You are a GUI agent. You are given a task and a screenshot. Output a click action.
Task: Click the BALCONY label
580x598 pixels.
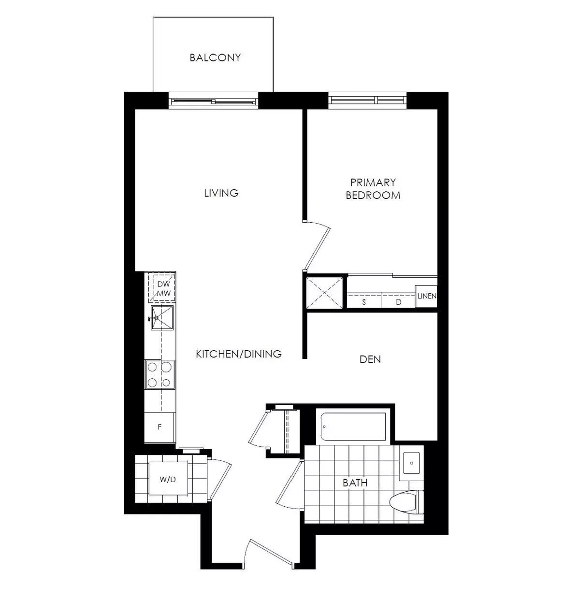[215, 58]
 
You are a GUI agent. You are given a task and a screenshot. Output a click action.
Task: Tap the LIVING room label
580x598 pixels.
[221, 193]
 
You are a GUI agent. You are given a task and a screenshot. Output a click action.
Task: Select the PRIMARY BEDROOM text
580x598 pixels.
[373, 189]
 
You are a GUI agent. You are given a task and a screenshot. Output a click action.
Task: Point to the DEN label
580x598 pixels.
[370, 359]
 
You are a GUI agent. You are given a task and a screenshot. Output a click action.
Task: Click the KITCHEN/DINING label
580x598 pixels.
[238, 354]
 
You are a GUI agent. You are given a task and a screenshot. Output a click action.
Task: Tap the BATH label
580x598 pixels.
[355, 483]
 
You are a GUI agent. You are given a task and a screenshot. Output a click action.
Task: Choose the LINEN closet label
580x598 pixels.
[427, 296]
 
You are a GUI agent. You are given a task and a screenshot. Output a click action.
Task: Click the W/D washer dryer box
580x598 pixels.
[168, 479]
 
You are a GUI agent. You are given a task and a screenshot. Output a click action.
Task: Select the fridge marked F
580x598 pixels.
[159, 427]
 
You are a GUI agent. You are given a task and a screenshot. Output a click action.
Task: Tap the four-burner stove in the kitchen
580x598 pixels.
[160, 374]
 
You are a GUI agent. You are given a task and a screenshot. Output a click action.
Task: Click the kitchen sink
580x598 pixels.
[162, 318]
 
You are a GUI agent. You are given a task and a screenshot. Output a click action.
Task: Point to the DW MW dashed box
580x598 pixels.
[162, 289]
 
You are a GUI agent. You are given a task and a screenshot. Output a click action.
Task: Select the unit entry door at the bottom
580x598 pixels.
[269, 551]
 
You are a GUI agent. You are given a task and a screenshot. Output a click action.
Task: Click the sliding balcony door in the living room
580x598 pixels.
[213, 101]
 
